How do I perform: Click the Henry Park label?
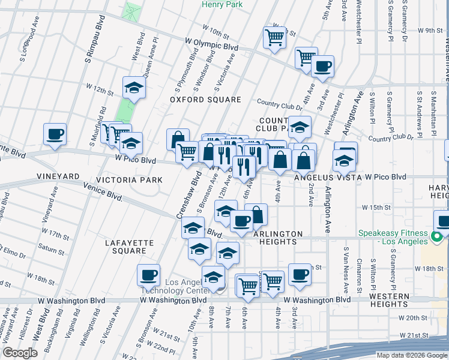coord(221,4)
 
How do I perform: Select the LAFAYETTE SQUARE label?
coord(130,247)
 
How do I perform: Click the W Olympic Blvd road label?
coord(212,46)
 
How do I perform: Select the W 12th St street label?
coord(100,91)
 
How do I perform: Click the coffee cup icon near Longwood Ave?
coord(55,134)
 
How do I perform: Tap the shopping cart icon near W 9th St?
coord(274,38)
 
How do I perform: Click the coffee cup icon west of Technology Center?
coord(148,275)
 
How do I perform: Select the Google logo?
coord(20,353)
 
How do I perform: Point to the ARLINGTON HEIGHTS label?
coord(274,238)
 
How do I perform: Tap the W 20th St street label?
coord(415,317)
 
